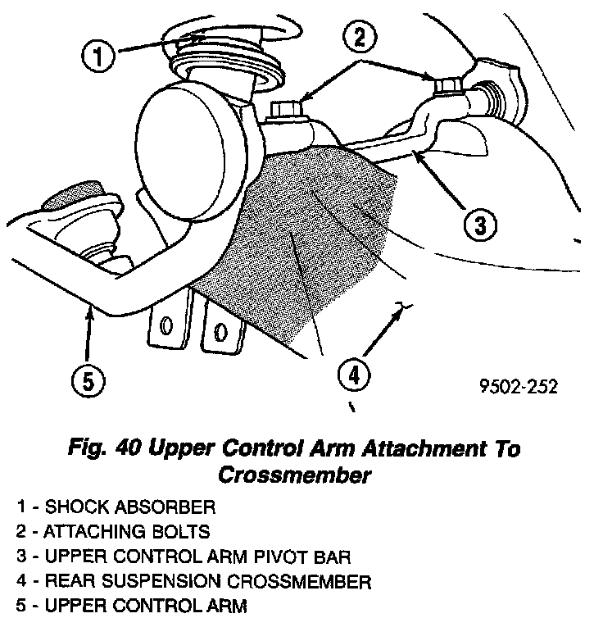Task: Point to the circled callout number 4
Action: [x=352, y=376]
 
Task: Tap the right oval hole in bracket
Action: [x=219, y=331]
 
